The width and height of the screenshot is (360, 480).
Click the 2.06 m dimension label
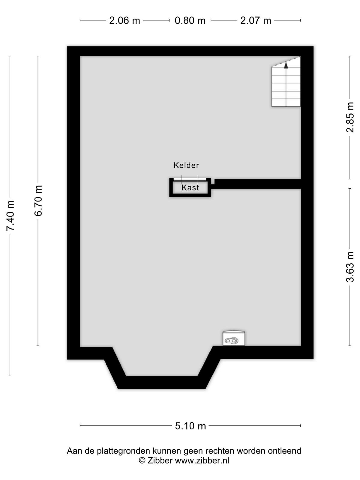pos(124,21)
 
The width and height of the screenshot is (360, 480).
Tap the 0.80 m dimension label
pos(190,21)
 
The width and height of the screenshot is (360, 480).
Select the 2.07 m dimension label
pos(256,21)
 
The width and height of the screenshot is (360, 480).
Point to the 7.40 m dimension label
pos(10,216)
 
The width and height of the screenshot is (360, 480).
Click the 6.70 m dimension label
pos(38,201)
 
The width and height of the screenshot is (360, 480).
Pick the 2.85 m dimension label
pos(350,117)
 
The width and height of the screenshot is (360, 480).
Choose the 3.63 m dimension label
pos(350,267)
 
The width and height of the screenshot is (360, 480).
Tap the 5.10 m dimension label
pos(190,426)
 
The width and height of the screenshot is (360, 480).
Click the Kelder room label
pos(186,165)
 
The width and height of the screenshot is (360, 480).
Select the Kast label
pos(190,187)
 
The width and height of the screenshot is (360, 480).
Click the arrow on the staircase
pos(286,65)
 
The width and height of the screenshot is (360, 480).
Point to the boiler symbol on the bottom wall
pos(234,338)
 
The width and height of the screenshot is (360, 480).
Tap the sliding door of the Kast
pos(190,180)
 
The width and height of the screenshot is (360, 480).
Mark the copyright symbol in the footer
pos(142,460)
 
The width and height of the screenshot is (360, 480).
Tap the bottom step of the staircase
pos(286,103)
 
